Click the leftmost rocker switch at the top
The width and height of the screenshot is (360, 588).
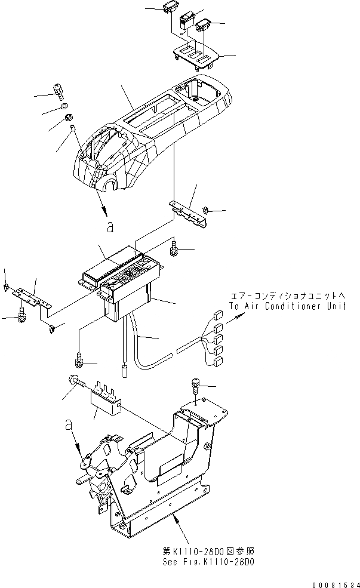click(168, 8)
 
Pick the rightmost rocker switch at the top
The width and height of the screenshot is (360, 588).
click(205, 24)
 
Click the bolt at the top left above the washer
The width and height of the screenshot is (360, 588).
click(58, 91)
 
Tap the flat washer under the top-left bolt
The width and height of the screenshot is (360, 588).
click(63, 107)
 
